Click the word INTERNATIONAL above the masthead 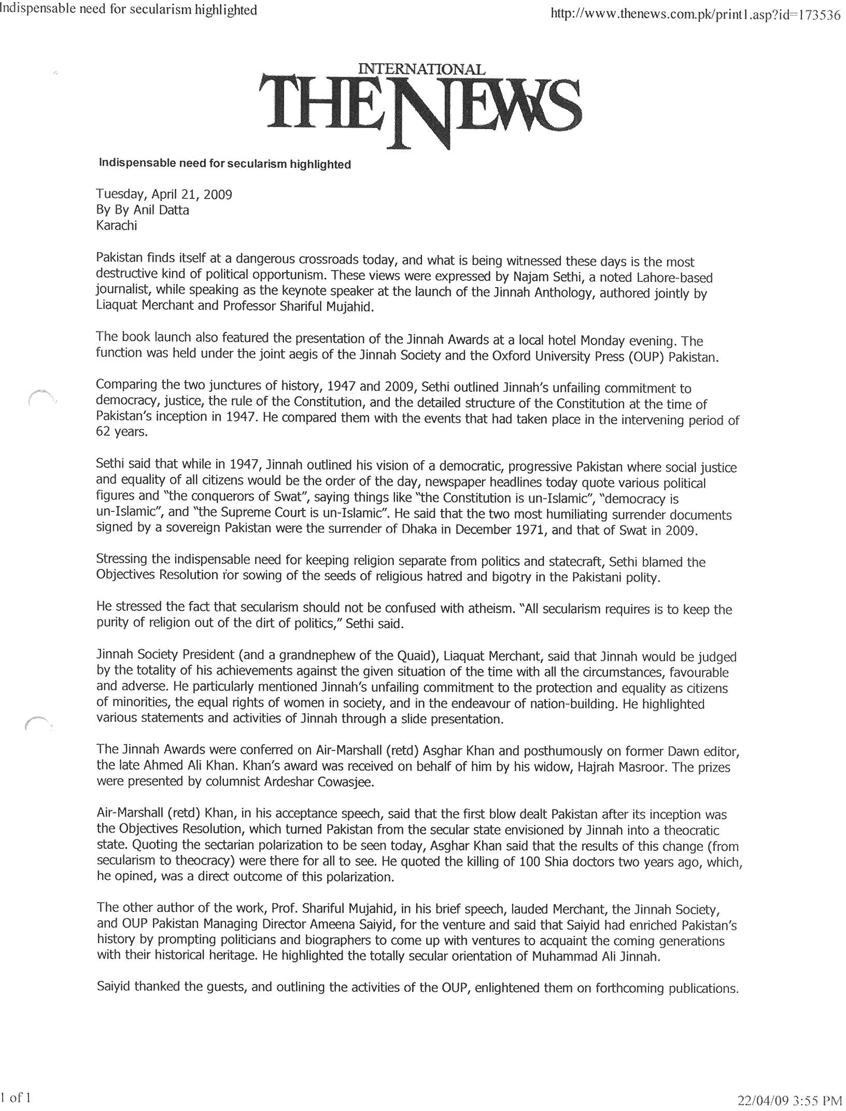coord(421,69)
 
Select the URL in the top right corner coord(695,15)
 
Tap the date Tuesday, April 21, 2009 coord(164,194)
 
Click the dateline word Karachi coord(117,225)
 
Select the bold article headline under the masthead coord(224,164)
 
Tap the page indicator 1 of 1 coord(16,1098)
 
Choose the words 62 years coord(122,432)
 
